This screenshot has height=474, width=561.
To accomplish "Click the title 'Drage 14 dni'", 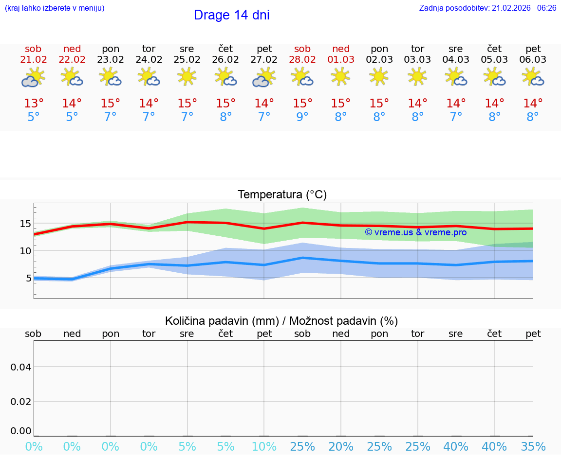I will (231, 15).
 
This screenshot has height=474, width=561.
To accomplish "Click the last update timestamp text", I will (487, 8).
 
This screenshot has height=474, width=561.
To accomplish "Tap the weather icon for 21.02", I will (33, 77).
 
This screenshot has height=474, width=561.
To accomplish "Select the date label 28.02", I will (302, 60).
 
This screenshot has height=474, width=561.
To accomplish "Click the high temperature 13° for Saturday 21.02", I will (34, 104).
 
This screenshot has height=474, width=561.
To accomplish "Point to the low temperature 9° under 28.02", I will (302, 117).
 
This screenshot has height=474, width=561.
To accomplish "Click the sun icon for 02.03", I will (379, 76).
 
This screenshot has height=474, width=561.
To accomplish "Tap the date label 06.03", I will (533, 60).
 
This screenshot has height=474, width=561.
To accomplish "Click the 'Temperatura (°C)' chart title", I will (282, 195).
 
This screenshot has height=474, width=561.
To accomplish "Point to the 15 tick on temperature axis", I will (25, 224).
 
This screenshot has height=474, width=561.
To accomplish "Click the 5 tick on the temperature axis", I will (28, 279).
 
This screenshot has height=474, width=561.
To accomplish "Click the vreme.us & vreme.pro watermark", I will (416, 232).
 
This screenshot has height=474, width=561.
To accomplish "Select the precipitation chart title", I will (281, 321).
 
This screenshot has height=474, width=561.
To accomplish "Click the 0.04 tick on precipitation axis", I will (21, 367).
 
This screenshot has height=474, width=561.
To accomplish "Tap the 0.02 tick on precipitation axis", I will (21, 402).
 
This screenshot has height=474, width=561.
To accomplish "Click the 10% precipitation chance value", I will (264, 447).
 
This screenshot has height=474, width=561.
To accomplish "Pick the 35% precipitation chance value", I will (533, 447).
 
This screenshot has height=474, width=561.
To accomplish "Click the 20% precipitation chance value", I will (341, 447).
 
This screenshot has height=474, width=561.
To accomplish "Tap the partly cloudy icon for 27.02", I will (263, 77).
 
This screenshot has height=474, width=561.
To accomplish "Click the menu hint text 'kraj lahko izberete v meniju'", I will (55, 8).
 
